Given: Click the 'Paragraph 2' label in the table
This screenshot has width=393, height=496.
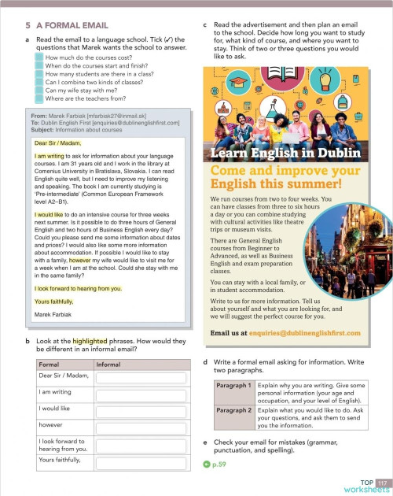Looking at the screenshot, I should click(234, 410).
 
